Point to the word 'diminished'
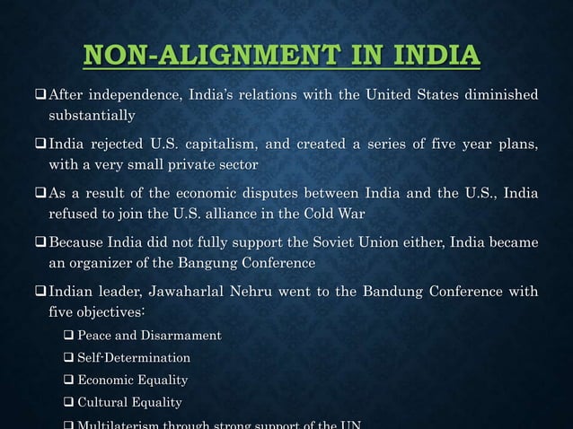pyautogui.click(x=498, y=95)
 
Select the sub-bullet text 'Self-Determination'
pyautogui.click(x=134, y=358)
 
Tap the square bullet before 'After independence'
pyautogui.click(x=39, y=96)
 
